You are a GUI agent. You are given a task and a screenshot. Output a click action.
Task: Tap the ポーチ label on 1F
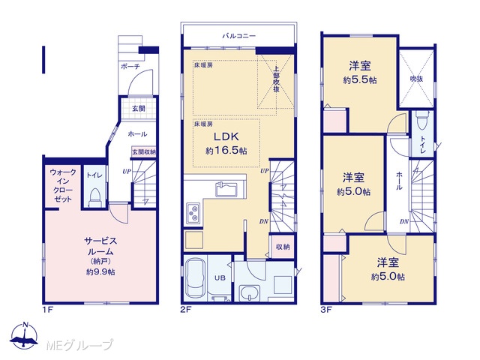[130, 66]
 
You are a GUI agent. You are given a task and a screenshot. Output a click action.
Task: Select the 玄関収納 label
[143, 151]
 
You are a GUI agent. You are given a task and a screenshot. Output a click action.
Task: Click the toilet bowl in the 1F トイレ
[94, 197]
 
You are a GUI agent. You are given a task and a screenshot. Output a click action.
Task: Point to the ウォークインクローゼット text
[63, 185]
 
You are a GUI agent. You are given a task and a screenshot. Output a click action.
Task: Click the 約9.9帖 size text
[100, 271]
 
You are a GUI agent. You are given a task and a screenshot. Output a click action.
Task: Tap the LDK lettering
[226, 136]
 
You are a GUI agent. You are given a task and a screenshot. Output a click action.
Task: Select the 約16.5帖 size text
[226, 151]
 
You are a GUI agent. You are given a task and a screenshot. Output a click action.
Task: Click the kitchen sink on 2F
[226, 189]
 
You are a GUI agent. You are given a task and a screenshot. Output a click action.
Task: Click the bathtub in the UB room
[196, 278]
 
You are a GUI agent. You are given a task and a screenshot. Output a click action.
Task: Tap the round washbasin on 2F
[250, 293]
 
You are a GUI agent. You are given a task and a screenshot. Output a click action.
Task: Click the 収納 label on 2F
[283, 247]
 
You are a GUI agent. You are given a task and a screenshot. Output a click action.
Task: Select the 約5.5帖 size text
[360, 80]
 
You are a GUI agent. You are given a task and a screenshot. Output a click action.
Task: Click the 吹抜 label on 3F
[417, 79]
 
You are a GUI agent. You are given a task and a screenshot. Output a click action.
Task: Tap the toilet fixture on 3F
[423, 120]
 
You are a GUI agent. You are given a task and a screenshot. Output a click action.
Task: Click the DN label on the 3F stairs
[404, 221]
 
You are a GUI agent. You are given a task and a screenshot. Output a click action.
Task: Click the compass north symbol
[25, 335]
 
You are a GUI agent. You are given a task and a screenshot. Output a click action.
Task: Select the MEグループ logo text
[79, 345]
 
